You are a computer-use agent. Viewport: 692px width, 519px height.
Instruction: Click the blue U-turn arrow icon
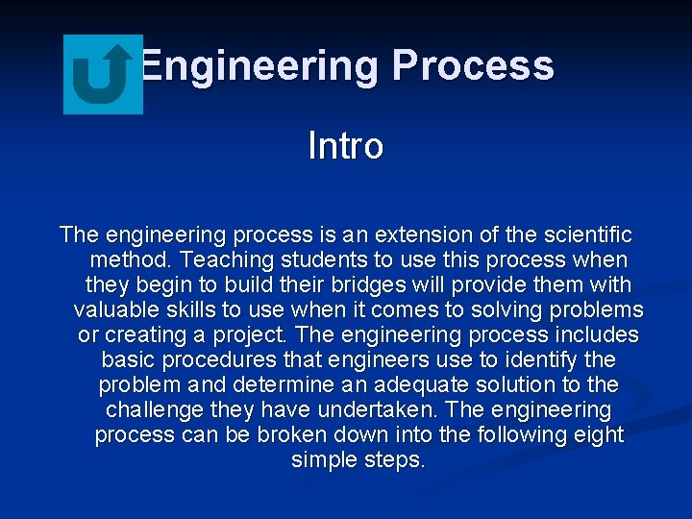click(103, 74)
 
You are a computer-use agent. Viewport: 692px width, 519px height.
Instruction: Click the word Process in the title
click(473, 66)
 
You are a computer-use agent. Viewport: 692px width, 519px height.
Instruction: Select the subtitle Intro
click(345, 146)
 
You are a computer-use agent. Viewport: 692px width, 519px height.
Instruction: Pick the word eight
click(596, 434)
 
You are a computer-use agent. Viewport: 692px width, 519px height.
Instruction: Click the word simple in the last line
click(323, 459)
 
